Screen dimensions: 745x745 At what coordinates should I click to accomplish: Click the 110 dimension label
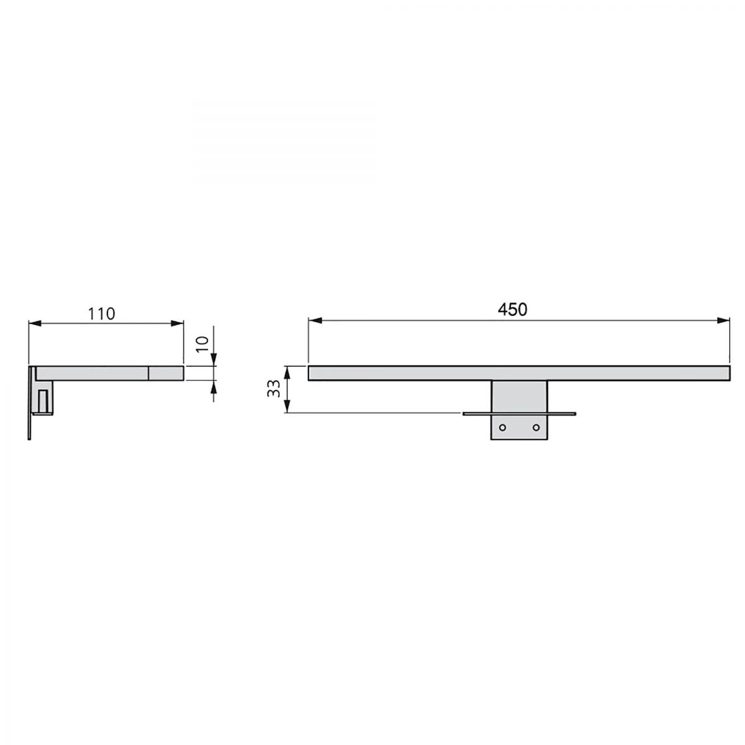[101, 314]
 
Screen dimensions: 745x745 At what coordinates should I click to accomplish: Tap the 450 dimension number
[512, 309]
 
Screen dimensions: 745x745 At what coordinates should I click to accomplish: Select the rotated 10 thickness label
[202, 343]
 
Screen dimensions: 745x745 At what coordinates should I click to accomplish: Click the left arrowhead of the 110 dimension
[35, 323]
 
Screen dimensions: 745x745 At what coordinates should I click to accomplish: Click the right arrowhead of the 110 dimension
[178, 323]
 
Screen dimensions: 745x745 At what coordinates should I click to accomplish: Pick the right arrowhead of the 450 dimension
[723, 320]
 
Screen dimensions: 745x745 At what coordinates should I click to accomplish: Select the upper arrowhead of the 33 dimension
[287, 373]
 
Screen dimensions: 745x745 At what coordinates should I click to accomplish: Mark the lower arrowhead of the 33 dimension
[287, 406]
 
